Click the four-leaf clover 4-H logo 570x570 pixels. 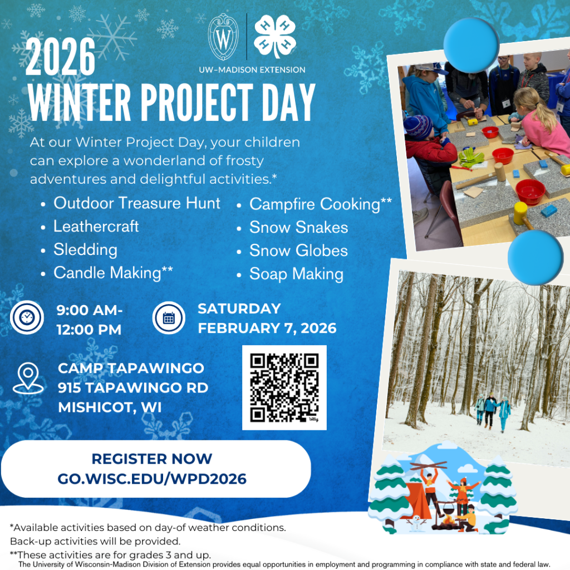click(275, 36)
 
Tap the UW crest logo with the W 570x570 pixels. click(223, 37)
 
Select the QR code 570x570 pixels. click(284, 387)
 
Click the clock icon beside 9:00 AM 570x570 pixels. click(27, 317)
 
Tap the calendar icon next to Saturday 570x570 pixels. click(169, 318)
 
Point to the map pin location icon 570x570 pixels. click(28, 378)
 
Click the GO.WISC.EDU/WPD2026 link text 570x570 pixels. click(152, 479)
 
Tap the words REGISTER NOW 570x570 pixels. click(152, 459)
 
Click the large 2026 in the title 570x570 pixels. click(60, 57)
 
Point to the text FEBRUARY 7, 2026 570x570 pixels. click(267, 328)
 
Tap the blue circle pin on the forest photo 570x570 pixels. click(535, 257)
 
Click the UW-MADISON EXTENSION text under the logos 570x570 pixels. click(252, 70)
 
